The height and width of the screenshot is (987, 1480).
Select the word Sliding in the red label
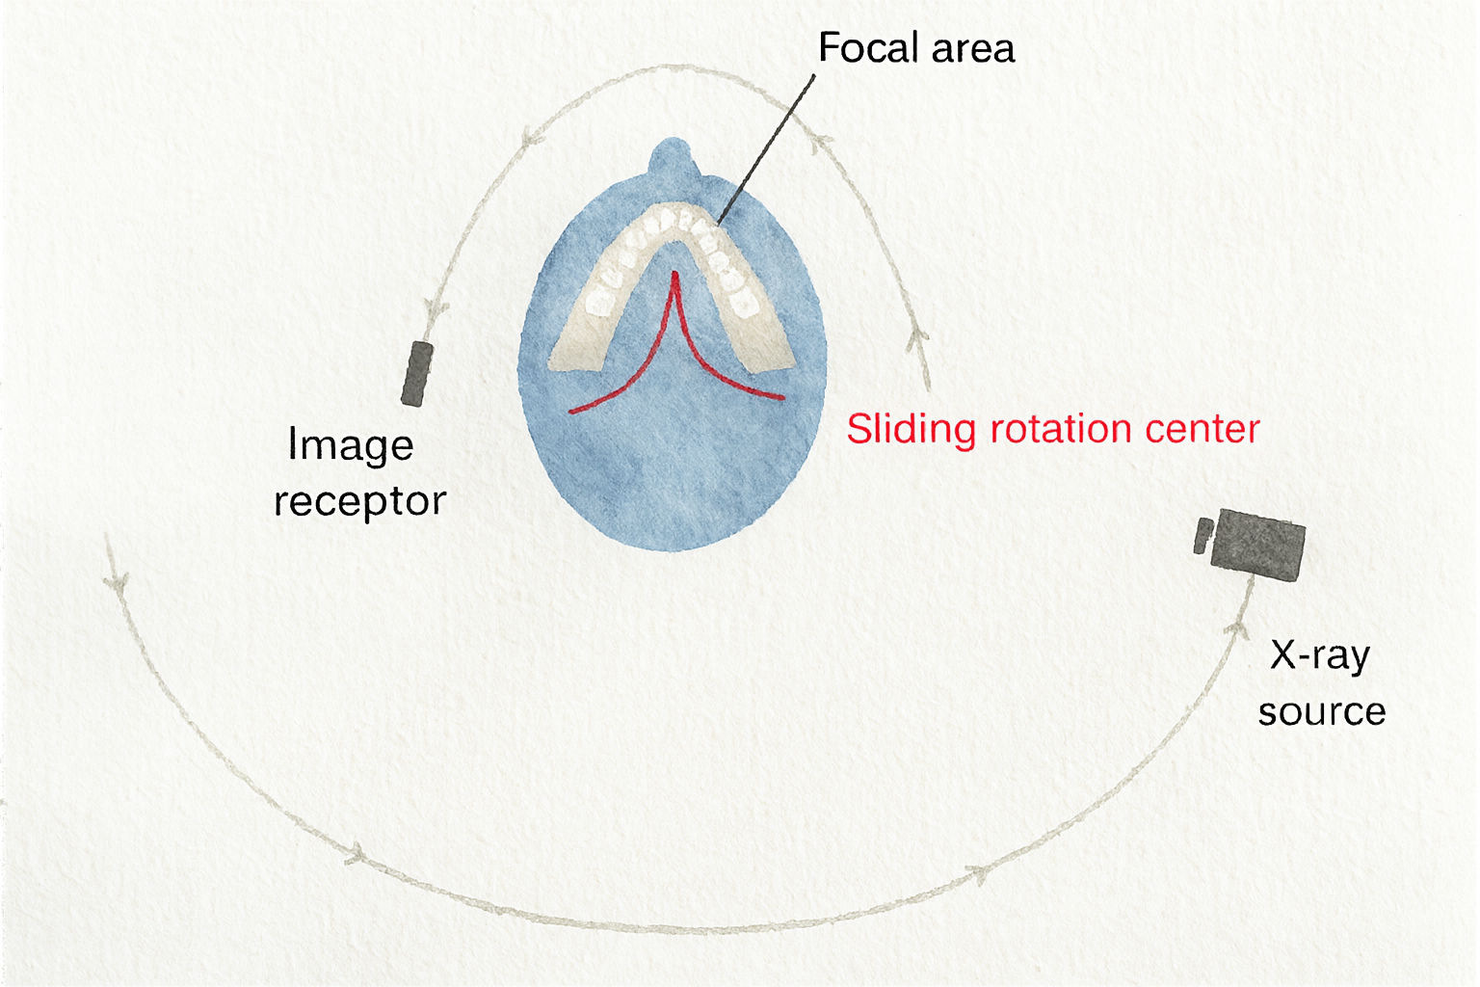[x=912, y=430]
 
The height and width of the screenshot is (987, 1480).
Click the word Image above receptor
[x=351, y=446]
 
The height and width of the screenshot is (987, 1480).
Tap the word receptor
[x=360, y=502]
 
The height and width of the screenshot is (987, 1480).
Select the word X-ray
[x=1320, y=656]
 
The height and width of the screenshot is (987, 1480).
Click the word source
[x=1321, y=711]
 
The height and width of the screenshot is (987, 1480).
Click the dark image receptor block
[x=417, y=374]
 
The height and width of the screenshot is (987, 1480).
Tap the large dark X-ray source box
[x=1257, y=545]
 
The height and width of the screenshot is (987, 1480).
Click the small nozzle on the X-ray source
[x=1202, y=536]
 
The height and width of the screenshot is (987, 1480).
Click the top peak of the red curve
[x=674, y=273]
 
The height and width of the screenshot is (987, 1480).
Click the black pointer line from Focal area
[x=766, y=149]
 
